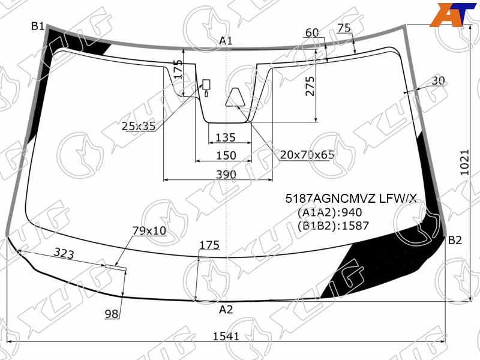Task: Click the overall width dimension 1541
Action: pyautogui.click(x=226, y=336)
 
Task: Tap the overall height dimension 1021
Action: pyautogui.click(x=464, y=162)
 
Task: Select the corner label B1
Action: pyautogui.click(x=38, y=26)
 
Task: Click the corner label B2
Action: pyautogui.click(x=455, y=241)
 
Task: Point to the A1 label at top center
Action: pyautogui.click(x=226, y=40)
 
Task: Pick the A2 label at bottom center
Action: pyautogui.click(x=226, y=310)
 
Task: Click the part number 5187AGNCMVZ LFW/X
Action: pyautogui.click(x=351, y=199)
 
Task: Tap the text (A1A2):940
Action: pyautogui.click(x=329, y=212)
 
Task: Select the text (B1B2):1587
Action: pyautogui.click(x=333, y=226)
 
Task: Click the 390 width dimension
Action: pyautogui.click(x=226, y=175)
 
